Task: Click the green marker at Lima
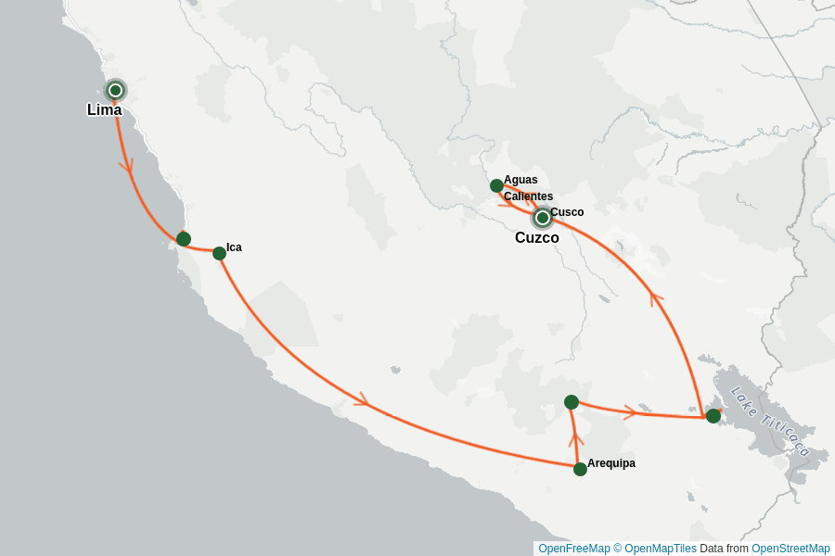tap(115, 90)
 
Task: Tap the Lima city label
tap(104, 110)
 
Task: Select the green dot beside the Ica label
tap(219, 253)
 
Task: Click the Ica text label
tap(234, 247)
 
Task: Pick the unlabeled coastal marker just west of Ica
tap(184, 239)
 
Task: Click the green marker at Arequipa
tap(580, 469)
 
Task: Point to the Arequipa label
tap(611, 463)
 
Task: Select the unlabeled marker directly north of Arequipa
tap(572, 402)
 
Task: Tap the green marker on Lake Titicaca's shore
tap(713, 416)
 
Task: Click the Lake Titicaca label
tap(770, 422)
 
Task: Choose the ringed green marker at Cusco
tap(543, 218)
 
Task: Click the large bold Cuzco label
tap(536, 238)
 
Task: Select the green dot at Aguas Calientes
tap(496, 185)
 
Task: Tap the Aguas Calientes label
tap(528, 188)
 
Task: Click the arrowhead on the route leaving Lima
tap(126, 166)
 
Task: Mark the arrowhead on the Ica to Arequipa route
tap(362, 400)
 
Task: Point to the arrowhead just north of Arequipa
tap(575, 437)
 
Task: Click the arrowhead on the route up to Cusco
tap(657, 297)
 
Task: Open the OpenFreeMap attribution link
tap(573, 549)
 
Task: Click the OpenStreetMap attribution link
tap(790, 549)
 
